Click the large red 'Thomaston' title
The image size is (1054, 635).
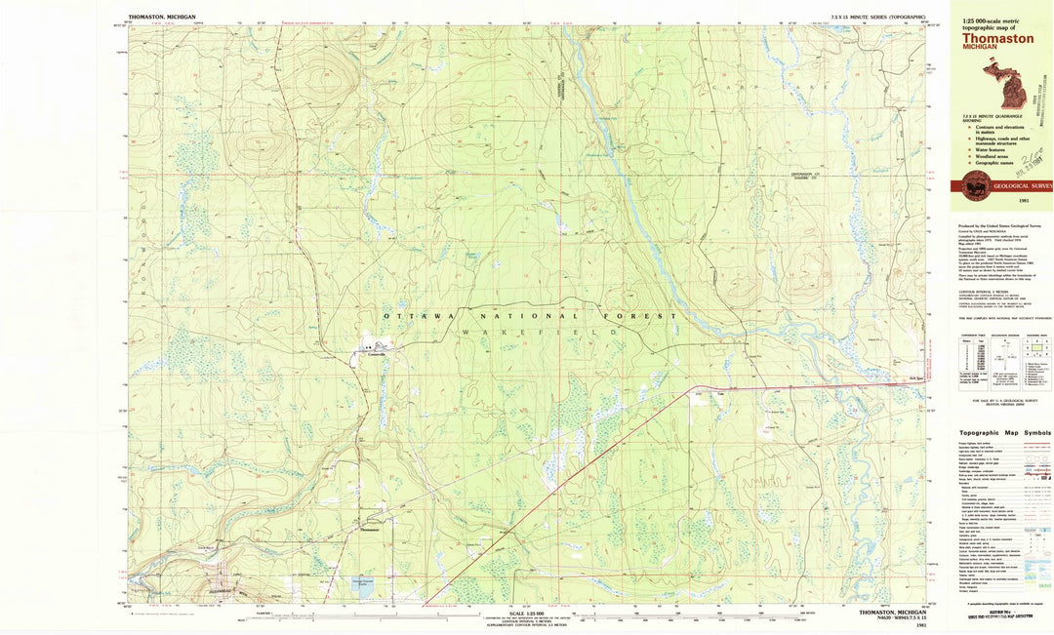[998, 39]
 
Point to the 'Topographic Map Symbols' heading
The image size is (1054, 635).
[1004, 432]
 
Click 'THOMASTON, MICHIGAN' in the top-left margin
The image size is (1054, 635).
[161, 17]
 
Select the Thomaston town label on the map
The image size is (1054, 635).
[370, 530]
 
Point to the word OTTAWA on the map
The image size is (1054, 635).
[420, 316]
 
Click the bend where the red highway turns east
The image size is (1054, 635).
[691, 388]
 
